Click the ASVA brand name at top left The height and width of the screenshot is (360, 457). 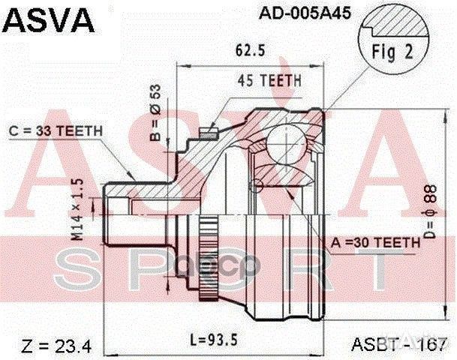(47, 18)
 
